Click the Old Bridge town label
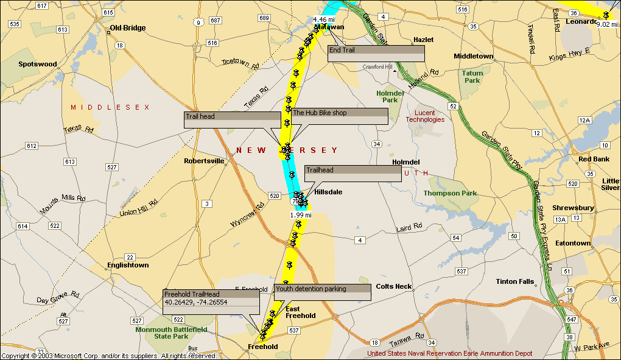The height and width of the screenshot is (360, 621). point(127,28)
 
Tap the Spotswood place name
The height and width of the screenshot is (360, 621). point(38,64)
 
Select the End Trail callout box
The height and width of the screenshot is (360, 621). point(375,54)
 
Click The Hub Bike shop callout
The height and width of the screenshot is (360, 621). point(339,116)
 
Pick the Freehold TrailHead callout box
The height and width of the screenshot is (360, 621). point(211,298)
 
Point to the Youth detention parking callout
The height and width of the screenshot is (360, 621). point(322,292)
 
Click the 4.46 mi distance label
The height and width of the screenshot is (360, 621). point(324,19)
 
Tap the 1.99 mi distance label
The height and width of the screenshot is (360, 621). point(301,215)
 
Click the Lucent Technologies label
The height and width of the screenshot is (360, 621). point(425,116)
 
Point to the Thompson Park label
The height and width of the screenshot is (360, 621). point(450,193)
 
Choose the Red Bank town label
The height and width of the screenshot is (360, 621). point(594,159)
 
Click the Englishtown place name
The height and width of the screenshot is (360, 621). point(128,265)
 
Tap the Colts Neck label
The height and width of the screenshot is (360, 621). point(393,286)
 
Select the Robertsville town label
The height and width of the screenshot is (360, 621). point(205,161)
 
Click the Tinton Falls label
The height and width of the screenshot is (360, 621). point(514,281)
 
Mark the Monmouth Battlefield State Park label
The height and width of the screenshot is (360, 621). point(171,333)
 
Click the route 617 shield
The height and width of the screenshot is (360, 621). point(41,6)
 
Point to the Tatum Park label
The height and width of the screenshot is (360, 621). point(472,77)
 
